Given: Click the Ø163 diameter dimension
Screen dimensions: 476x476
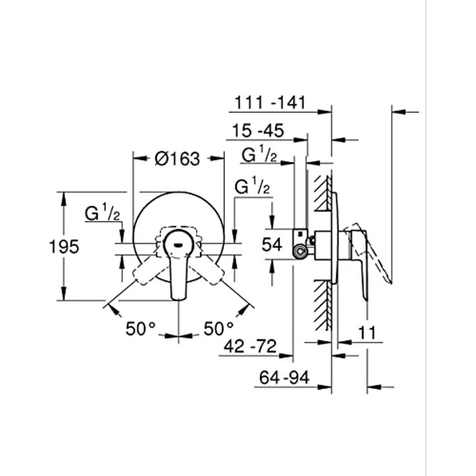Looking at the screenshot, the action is pos(177,158).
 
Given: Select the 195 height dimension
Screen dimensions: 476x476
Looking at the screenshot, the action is pos(64,246).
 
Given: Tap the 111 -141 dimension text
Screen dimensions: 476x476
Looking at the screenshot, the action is pos(270,103).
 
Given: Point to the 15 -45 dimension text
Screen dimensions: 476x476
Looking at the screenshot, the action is pos(258,131).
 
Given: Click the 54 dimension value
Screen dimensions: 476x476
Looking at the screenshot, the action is pos(272,244).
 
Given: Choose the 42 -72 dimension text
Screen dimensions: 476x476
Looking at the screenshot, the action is pos(250,347).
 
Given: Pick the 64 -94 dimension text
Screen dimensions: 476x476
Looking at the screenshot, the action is pos(284,378).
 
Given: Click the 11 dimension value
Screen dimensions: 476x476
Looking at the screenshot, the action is pos(367,332).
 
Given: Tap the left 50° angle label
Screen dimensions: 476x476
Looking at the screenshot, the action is pos(140,329).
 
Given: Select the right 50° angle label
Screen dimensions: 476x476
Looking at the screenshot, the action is pos(219,329).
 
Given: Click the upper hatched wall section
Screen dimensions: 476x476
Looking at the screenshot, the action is pos(323,193).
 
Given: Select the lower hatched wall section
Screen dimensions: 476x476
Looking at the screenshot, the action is pos(323,305).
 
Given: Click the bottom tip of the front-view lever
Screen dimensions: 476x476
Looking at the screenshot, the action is pos(178,301).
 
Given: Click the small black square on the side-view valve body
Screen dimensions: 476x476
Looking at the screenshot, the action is pos(300,233).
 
